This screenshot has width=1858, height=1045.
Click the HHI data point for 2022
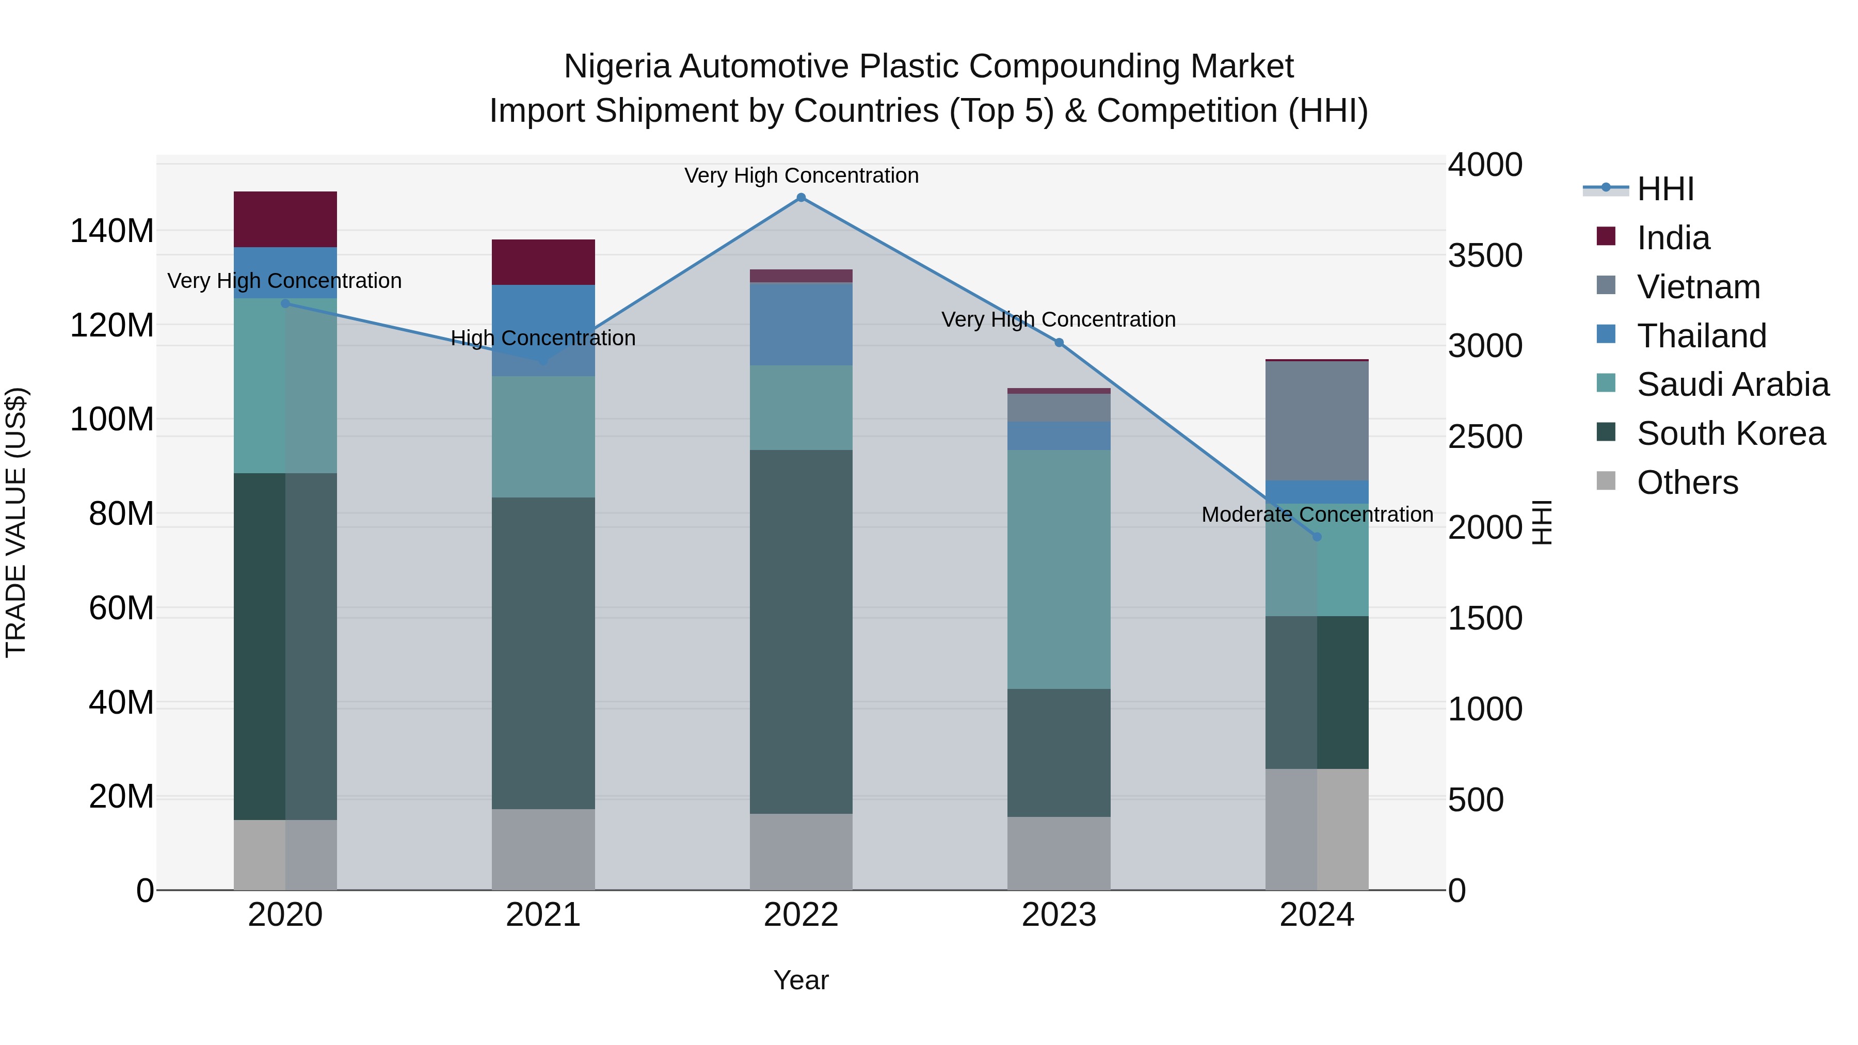(800, 198)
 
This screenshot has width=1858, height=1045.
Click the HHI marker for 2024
(1317, 537)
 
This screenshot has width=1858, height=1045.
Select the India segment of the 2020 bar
(285, 219)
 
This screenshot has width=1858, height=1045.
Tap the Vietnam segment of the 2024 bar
(1317, 421)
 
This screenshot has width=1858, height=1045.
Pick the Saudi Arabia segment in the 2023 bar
(1059, 569)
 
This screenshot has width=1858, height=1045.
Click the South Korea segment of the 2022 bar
(800, 632)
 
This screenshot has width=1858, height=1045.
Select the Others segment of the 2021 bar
(543, 849)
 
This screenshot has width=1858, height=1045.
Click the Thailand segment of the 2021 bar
(543, 317)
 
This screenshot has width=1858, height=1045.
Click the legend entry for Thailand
(1701, 336)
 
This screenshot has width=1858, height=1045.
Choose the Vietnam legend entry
(1698, 287)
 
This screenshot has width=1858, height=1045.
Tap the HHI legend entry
(1664, 189)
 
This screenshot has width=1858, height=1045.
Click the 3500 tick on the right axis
(1484, 255)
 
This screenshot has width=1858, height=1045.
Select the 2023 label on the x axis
(1059, 915)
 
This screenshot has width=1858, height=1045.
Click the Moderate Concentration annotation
(1317, 514)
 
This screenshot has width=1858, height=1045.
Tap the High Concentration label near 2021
(543, 337)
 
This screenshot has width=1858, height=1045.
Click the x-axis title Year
(800, 980)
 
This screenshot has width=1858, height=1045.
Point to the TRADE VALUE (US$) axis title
(17, 522)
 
